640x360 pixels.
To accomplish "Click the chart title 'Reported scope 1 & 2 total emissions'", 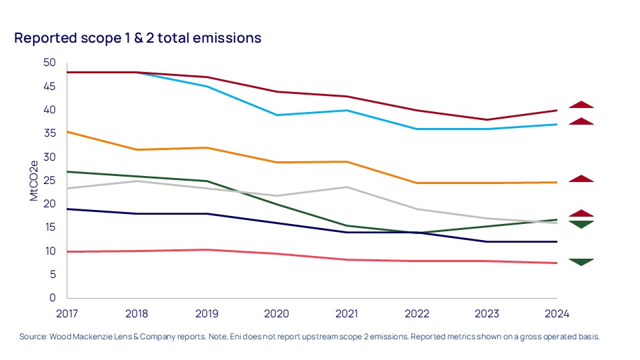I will point(138,39).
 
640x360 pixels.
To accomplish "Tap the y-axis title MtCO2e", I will point(33,180).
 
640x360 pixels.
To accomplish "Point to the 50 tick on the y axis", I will point(49,63).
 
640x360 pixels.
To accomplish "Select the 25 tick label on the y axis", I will point(49,181).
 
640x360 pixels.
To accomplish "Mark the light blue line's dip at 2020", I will point(277,115).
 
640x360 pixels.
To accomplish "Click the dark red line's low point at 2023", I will point(487,120).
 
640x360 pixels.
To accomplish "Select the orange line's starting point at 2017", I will point(68,132).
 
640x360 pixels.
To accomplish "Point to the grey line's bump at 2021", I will point(347,187).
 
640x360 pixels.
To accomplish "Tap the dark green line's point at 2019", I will point(207,181).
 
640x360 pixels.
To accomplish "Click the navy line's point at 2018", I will point(137,214).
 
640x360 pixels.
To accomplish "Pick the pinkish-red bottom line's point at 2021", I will point(347,259).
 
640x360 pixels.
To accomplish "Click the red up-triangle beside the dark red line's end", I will point(581,105).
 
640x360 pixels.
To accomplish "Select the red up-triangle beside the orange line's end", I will point(581,179).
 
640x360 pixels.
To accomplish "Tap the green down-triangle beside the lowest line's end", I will point(581,262).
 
